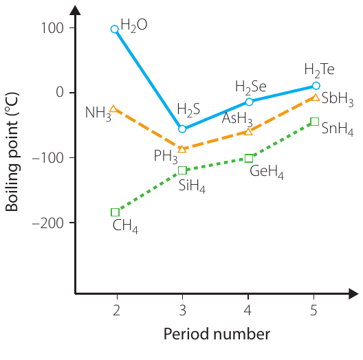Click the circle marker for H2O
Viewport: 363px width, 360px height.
pos(115,29)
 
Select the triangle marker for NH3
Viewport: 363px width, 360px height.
pos(113,109)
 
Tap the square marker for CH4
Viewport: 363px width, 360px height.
pos(115,212)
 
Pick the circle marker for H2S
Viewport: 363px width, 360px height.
pos(182,129)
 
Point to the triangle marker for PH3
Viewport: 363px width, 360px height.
pos(182,149)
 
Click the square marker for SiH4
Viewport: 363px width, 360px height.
pos(182,170)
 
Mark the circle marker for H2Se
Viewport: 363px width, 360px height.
pos(249,102)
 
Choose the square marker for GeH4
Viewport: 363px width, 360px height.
pos(249,159)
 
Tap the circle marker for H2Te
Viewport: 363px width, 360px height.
pos(316,86)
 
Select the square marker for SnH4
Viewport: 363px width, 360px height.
pos(315,122)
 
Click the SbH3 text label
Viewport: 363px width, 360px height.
pos(338,99)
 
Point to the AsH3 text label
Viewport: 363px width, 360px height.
pos(237,119)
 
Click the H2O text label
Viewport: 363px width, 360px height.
pos(134,25)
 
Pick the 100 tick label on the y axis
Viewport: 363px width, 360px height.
pos(52,28)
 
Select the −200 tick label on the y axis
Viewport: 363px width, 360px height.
pos(47,223)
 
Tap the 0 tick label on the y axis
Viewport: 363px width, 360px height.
pos(60,92)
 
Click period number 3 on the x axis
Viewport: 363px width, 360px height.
pos(183,311)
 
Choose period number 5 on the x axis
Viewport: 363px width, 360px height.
pos(313,311)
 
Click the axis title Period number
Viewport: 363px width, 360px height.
pos(217,334)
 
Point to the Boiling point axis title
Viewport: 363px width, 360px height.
pos(12,152)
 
